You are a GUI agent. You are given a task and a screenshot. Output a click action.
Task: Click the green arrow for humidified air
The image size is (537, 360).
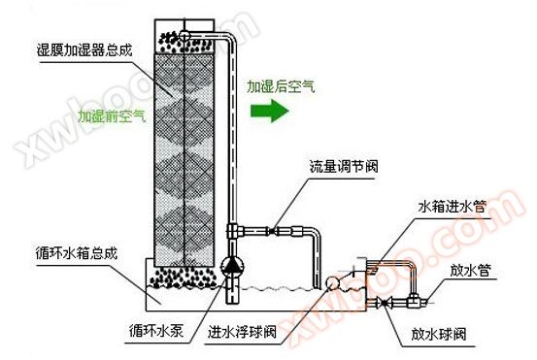point(270,111)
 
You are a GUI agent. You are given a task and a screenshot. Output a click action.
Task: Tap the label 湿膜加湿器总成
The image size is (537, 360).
point(84,50)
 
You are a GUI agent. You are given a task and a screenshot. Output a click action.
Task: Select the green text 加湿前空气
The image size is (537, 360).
point(112,116)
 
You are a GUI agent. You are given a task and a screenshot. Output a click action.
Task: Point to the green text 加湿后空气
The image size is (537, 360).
point(281,86)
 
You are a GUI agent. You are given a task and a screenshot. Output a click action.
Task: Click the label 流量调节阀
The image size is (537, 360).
point(344,166)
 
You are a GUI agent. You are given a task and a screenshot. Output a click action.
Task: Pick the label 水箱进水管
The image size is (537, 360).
point(453,207)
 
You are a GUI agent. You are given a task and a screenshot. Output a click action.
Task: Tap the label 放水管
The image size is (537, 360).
point(470,270)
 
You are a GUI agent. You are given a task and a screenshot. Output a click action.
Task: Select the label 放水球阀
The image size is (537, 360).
point(439,334)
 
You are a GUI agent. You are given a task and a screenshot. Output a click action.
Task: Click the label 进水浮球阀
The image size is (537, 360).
point(242,332)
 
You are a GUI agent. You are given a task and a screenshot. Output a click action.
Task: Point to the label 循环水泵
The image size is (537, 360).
point(156,331)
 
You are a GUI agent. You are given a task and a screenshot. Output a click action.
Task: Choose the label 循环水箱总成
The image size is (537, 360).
point(77,253)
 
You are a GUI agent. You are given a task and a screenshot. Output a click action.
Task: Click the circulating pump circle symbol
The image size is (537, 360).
point(232,266)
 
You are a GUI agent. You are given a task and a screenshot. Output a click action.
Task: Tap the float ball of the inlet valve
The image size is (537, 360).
point(332,282)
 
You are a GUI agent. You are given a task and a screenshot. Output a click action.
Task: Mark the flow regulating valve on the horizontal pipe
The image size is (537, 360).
point(272,231)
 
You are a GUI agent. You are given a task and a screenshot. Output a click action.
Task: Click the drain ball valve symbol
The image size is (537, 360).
point(384,303)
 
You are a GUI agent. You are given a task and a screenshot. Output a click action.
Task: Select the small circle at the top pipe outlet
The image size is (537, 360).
point(185,34)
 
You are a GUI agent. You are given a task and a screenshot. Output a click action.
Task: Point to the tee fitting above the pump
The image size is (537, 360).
point(234,231)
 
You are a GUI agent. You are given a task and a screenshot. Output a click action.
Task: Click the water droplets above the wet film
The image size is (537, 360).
point(185,42)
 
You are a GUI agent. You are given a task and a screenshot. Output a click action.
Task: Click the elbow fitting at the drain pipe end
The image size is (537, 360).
point(415,301)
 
